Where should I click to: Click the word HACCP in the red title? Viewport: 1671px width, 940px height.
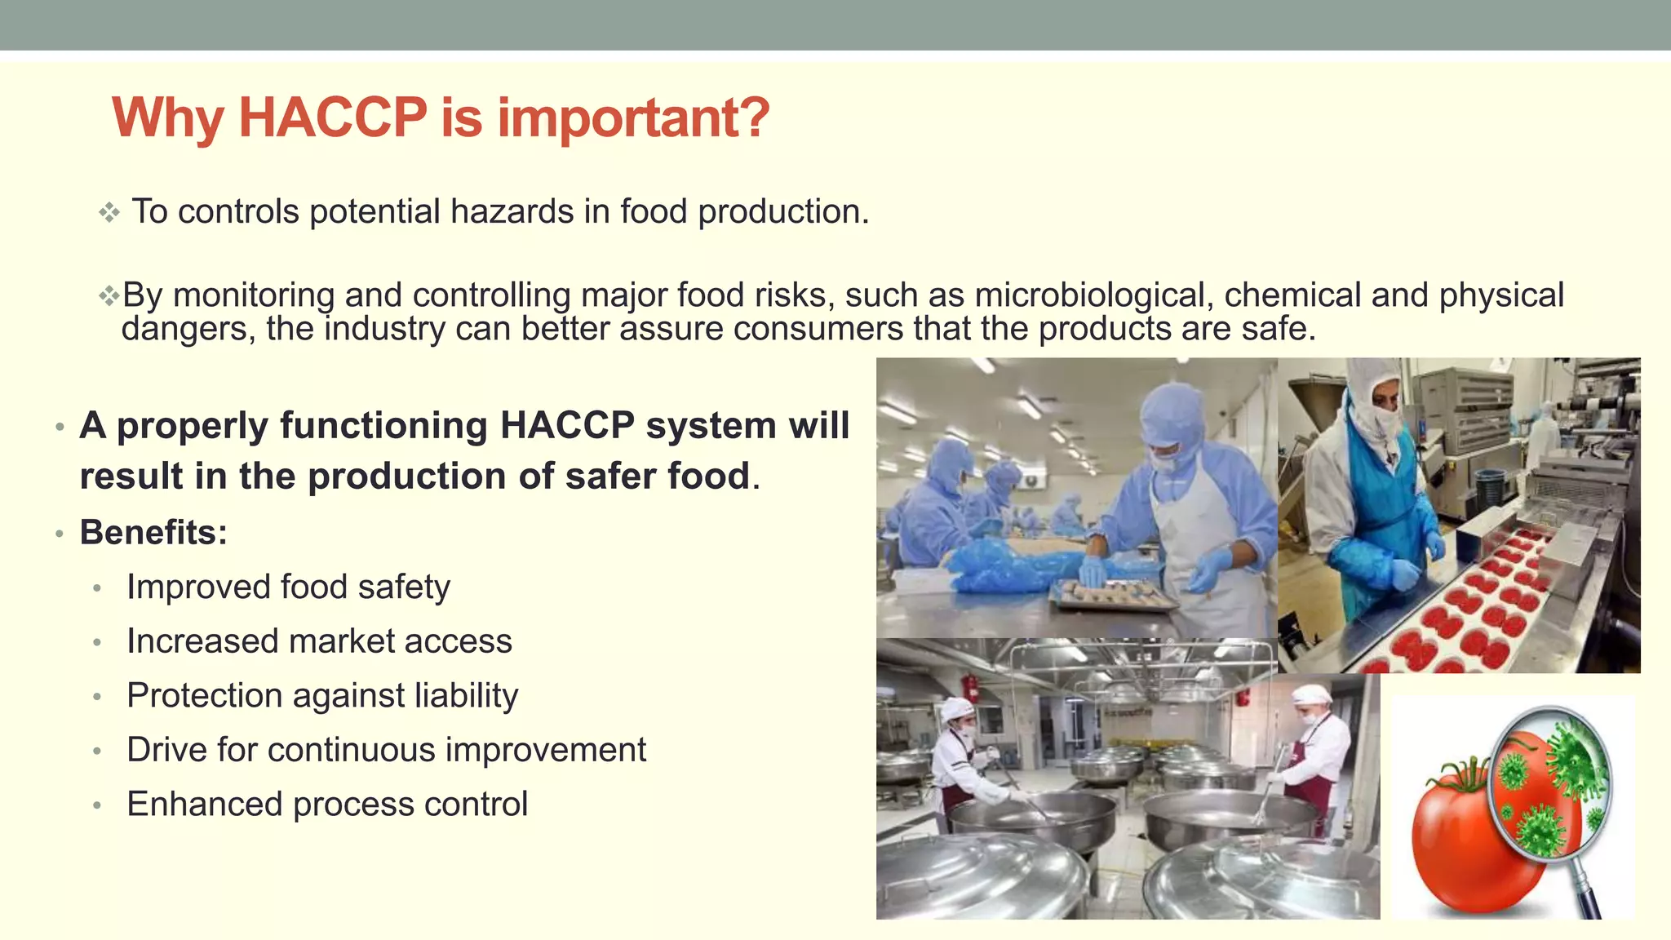click(332, 117)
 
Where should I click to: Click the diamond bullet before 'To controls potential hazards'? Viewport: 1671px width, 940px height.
click(109, 213)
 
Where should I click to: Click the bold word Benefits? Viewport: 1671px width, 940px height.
click(153, 533)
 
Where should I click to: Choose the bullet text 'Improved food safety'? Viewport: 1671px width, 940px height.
click(288, 587)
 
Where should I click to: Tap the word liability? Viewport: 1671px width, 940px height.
click(466, 696)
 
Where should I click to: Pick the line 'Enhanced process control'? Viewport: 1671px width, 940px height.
click(327, 805)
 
